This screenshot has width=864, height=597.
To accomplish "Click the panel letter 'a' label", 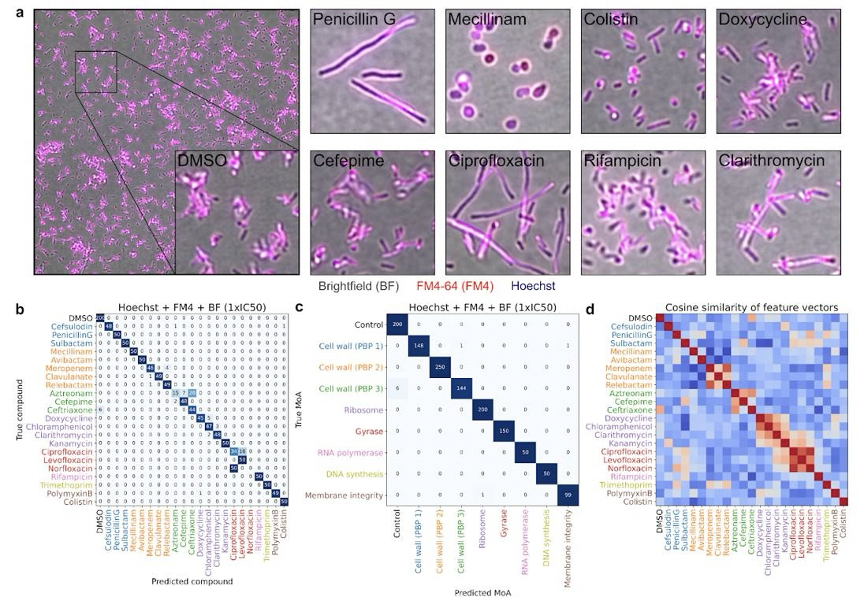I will coord(20,13).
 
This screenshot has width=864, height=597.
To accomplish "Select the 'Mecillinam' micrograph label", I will coord(486,20).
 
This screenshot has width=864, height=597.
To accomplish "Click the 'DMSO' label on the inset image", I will coord(203,161).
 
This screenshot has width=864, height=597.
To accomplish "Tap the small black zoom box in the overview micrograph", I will coord(95,72).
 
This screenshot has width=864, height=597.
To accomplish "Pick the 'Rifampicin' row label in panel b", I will coord(69,476).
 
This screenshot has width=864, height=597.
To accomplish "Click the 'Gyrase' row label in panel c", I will coord(367,432).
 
